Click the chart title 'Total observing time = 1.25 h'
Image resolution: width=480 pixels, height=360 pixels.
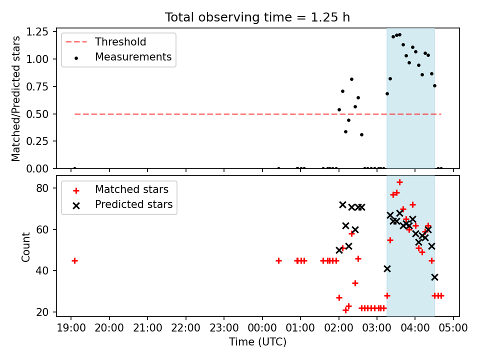[257, 17]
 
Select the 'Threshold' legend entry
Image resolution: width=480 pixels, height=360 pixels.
[106, 41]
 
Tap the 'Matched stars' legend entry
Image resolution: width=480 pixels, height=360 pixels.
[120, 189]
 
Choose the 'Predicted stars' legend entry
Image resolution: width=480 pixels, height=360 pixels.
[122, 204]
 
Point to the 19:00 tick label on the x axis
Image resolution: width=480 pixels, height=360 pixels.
[71, 328]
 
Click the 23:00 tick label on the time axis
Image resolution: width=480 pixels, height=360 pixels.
[224, 328]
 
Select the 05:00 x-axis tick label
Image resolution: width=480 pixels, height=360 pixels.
[453, 328]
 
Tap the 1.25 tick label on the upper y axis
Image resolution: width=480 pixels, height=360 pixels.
[37, 31]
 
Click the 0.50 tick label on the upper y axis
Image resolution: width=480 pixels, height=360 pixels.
[37, 114]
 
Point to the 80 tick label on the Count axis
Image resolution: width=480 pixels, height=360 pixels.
[42, 188]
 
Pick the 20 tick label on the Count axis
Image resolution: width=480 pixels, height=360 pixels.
[42, 312]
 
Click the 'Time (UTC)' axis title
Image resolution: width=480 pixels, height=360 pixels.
[258, 341]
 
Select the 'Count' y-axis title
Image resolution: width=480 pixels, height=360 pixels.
[25, 247]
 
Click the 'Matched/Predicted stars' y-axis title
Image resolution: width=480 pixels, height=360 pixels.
[15, 98]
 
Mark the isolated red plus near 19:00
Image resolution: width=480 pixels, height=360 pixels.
[74, 261]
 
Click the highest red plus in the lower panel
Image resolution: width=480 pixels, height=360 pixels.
[399, 182]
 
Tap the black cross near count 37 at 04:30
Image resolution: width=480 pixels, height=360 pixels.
[434, 277]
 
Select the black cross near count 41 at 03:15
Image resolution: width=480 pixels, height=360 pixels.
[387, 269]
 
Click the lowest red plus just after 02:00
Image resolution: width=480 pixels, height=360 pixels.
[345, 310]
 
